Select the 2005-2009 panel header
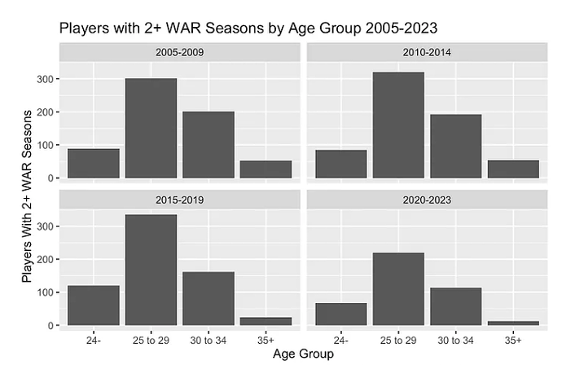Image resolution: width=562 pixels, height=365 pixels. point(180,51)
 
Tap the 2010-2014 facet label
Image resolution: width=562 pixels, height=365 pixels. point(428,51)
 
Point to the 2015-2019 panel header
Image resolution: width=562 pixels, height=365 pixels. point(180,200)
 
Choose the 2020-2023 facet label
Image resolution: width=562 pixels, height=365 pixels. point(428,200)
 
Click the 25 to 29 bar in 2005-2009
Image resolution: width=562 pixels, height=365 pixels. point(151,128)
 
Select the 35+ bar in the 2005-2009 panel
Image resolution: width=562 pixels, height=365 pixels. point(266,169)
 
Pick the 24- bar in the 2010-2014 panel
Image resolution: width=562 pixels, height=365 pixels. point(341,164)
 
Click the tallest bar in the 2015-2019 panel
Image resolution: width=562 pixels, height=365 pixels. point(151,270)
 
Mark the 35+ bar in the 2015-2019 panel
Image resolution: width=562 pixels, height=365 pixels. point(266,321)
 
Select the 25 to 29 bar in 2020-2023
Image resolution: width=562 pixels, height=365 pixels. point(398,289)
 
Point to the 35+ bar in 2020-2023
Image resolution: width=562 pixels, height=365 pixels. point(513,323)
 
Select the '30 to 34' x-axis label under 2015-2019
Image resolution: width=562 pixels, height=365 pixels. point(209,338)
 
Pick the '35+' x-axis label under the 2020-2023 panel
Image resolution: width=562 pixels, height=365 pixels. point(513,338)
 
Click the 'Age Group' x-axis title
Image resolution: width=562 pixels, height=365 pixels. point(303,354)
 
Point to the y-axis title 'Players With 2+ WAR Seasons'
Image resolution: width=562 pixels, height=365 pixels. point(29,196)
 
